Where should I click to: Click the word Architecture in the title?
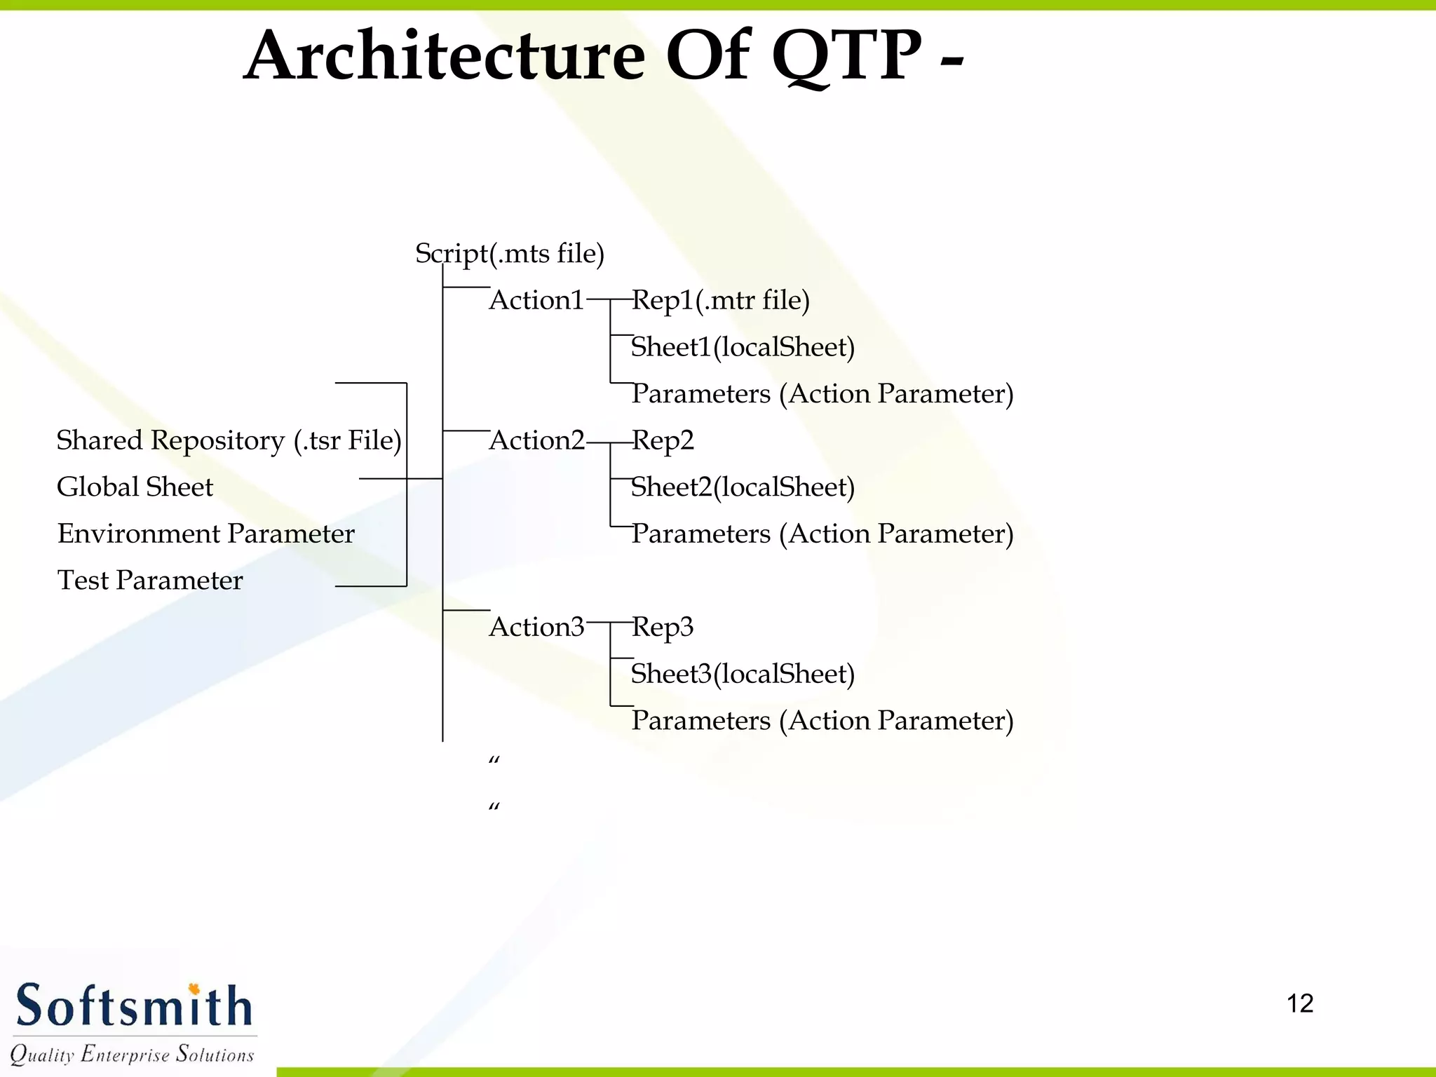(x=445, y=56)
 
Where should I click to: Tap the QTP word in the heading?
(x=846, y=56)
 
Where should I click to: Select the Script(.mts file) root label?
(x=510, y=253)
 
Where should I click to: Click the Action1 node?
(x=536, y=300)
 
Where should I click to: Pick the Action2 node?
(x=536, y=440)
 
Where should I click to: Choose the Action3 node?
(x=536, y=627)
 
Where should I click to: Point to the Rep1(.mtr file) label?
(x=721, y=300)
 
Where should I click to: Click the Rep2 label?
(x=663, y=440)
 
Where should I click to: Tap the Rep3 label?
(x=663, y=627)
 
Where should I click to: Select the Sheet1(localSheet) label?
(x=743, y=347)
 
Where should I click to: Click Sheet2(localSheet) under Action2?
(x=743, y=487)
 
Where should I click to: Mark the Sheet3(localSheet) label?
(x=743, y=674)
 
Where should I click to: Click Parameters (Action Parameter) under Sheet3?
(x=822, y=721)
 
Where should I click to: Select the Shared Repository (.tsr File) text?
(x=229, y=440)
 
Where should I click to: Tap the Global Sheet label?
(x=135, y=487)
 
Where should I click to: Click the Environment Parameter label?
(x=205, y=534)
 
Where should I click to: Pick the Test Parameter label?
(x=149, y=581)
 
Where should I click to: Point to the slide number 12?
(x=1299, y=1003)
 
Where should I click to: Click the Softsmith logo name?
(x=133, y=1006)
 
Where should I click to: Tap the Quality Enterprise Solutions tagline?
(x=132, y=1054)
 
